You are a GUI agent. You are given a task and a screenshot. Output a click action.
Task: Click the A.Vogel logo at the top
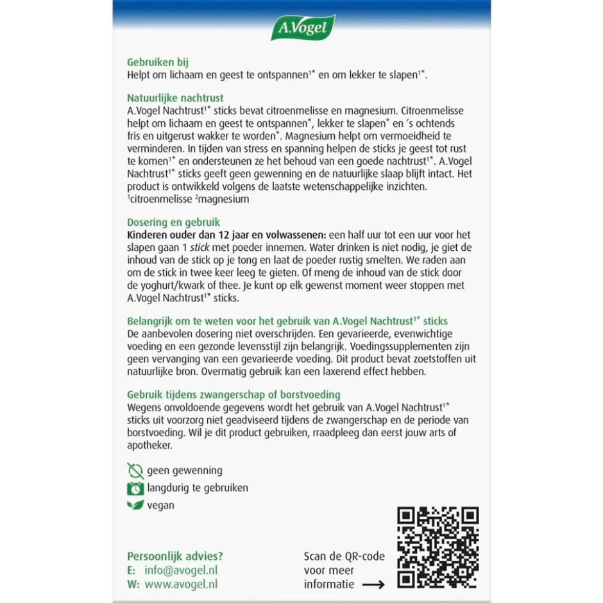pyautogui.click(x=303, y=28)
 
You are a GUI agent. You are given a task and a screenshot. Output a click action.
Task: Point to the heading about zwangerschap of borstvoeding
pyautogui.click(x=234, y=395)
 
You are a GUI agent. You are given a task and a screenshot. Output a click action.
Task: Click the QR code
pyautogui.click(x=437, y=548)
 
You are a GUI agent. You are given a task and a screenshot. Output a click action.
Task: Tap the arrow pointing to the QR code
pyautogui.click(x=373, y=584)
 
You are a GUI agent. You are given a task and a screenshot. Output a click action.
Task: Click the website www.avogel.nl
pyautogui.click(x=182, y=584)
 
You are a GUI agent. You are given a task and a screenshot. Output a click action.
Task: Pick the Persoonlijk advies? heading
pyautogui.click(x=175, y=556)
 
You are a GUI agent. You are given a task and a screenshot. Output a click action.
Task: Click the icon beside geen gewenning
pyautogui.click(x=135, y=470)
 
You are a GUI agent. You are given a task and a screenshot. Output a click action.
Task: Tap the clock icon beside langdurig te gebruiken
pyautogui.click(x=135, y=488)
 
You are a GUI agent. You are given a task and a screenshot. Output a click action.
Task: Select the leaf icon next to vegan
pyautogui.click(x=135, y=505)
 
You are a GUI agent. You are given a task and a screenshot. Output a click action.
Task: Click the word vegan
pyautogui.click(x=160, y=505)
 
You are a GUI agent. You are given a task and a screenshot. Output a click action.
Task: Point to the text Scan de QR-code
pyautogui.click(x=344, y=556)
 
